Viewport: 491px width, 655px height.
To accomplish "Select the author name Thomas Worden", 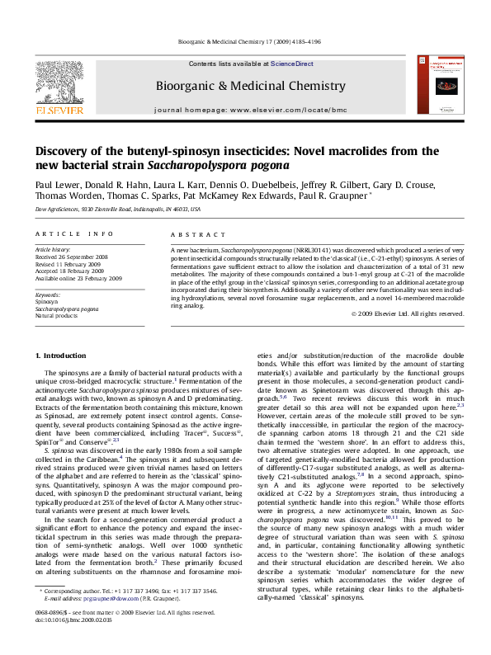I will point(65,196).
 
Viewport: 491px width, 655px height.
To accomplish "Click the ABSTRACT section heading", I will point(191,234).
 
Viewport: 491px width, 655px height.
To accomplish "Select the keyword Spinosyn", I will point(47,302).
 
